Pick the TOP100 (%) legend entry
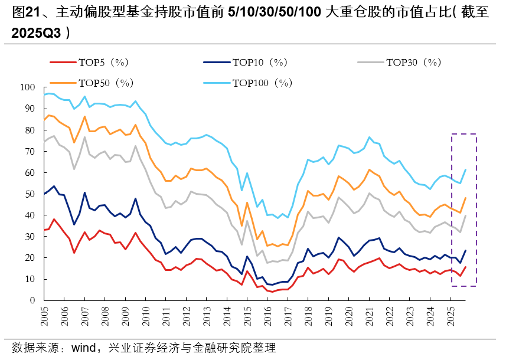point(262,83)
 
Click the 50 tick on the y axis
point(30,194)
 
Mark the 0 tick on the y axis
point(33,300)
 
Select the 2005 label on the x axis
point(45,316)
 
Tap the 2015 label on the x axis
point(247,316)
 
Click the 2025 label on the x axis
point(449,316)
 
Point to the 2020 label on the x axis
point(348,316)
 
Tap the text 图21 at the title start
point(24,12)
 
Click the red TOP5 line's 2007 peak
point(84,232)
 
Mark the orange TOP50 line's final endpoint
point(466,198)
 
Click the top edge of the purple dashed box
point(463,135)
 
